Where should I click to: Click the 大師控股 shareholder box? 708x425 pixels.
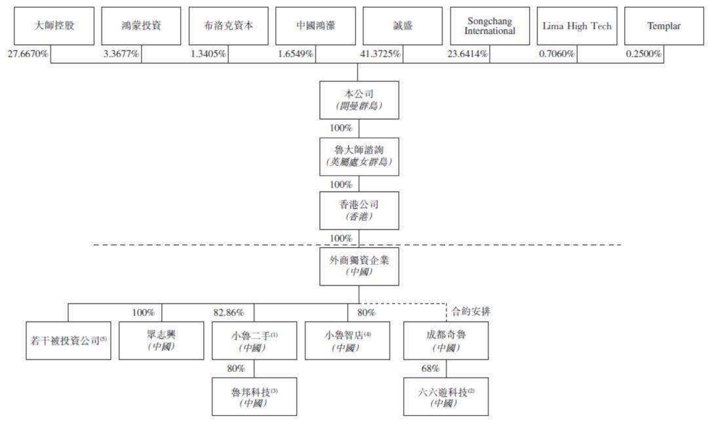54,26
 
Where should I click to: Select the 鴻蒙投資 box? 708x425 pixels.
141,26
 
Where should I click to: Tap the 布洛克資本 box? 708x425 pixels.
229,26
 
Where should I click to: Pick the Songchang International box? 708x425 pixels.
490,26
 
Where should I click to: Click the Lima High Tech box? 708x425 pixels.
577,26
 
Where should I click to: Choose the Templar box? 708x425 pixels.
663,26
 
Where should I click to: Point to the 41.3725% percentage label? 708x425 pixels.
380,54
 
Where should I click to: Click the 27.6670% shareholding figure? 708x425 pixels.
28,54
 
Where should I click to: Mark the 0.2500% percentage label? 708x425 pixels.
644,54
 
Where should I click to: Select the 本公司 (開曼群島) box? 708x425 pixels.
359,100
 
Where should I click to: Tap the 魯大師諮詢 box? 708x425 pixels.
359,156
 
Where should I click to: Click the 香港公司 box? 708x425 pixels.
359,211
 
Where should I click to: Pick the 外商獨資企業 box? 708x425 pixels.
359,266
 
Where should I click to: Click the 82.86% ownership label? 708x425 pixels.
229,313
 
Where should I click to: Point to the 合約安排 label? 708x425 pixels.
471,312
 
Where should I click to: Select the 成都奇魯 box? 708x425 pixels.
446,340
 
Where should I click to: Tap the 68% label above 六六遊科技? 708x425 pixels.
430,369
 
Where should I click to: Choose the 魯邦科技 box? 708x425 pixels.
254,397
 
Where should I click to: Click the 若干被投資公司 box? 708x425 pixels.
68,340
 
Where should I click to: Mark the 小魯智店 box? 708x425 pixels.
347,340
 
